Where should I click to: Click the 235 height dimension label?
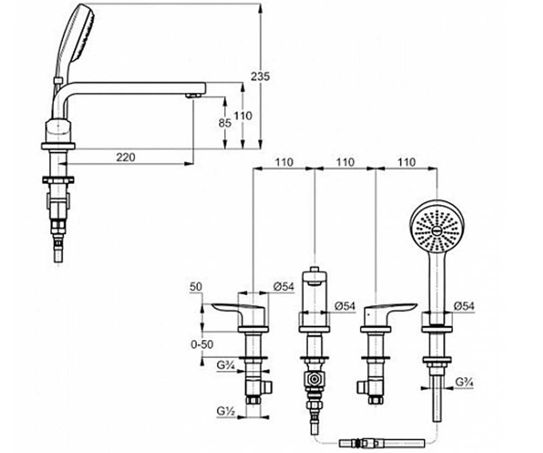(x=260, y=77)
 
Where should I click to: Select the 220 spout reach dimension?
(x=126, y=157)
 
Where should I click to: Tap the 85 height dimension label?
(x=225, y=123)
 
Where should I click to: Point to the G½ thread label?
(x=226, y=411)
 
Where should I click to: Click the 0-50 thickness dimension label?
(x=202, y=344)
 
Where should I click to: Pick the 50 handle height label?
(x=196, y=287)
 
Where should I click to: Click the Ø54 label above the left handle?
(x=284, y=287)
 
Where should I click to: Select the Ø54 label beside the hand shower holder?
(x=464, y=306)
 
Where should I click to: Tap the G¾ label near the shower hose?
(x=464, y=382)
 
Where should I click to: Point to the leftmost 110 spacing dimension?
(x=284, y=162)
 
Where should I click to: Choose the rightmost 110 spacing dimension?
(x=406, y=162)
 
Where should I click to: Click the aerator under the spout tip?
(x=193, y=96)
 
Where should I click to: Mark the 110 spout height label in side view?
(x=243, y=116)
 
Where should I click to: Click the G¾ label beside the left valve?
(x=226, y=365)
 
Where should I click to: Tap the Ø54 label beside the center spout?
(x=345, y=306)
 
